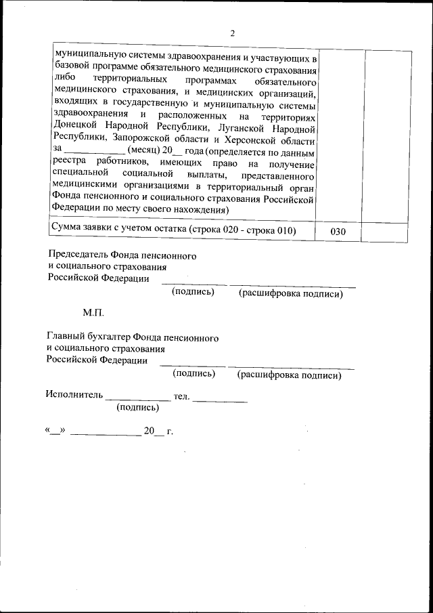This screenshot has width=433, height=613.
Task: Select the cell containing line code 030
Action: (x=338, y=232)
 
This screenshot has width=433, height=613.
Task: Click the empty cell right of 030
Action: (x=384, y=232)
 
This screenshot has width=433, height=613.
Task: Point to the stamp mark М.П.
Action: (x=93, y=314)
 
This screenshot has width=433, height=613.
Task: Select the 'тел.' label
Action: (x=181, y=395)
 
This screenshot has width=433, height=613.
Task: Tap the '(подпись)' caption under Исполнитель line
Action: (x=138, y=407)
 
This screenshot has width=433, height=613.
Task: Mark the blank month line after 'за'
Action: (x=94, y=153)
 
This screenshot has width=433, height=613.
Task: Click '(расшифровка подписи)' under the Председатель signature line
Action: (x=290, y=294)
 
